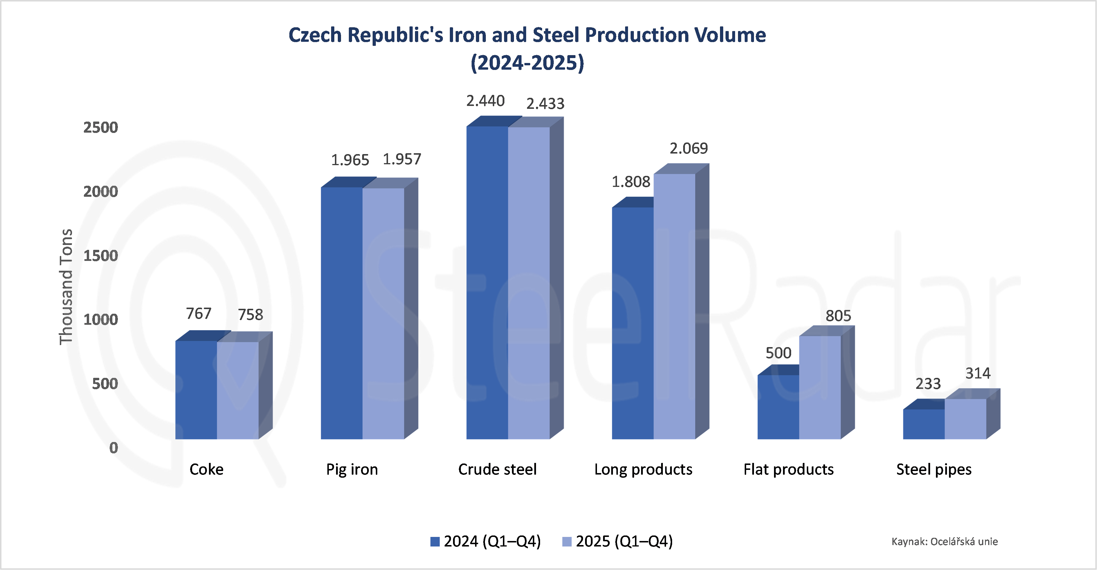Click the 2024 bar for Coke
(x=196, y=389)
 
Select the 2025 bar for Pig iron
(x=383, y=313)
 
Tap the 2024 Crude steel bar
(x=487, y=282)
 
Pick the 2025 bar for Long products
(x=674, y=306)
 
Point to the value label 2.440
(x=485, y=101)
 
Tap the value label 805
(x=838, y=316)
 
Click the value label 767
(x=199, y=313)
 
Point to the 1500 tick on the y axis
(x=100, y=256)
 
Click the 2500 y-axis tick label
(x=100, y=127)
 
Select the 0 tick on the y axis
(x=113, y=448)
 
